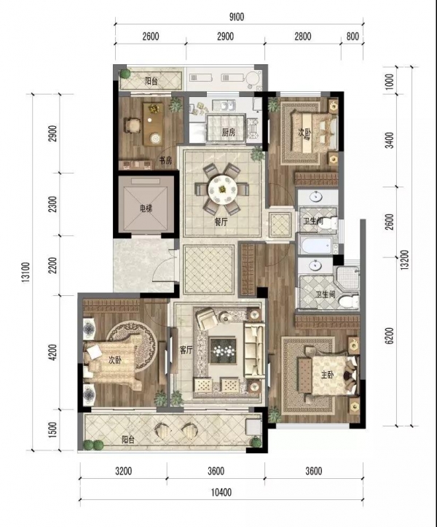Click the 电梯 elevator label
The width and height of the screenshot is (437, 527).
point(146,208)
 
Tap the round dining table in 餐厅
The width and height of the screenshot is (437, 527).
point(221,190)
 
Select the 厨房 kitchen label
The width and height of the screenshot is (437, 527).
point(229,133)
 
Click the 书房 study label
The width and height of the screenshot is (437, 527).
point(165,160)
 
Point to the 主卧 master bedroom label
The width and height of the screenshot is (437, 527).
point(327,375)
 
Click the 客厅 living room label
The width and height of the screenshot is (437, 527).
point(186,350)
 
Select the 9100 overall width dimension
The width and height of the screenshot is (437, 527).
point(237,17)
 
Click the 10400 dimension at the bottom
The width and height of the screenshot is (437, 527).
point(221,493)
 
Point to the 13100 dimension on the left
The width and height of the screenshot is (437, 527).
point(27,272)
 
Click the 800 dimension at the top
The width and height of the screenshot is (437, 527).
point(353,36)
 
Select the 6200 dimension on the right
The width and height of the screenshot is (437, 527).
point(390,335)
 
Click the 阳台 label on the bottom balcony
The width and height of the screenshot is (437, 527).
point(127,440)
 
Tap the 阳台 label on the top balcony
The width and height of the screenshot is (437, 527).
point(151,81)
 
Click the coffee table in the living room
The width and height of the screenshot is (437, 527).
point(223,351)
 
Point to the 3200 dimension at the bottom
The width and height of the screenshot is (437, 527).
point(124,471)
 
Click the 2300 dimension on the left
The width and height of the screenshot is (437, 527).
point(52,205)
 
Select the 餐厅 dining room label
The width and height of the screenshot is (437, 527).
point(221,222)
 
